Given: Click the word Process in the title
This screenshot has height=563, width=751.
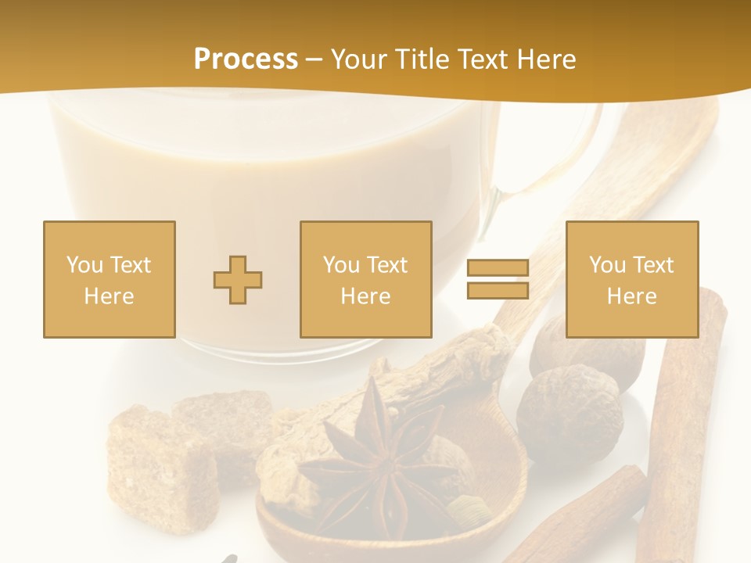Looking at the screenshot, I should (246, 59).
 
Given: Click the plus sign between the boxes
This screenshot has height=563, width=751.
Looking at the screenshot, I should (238, 279).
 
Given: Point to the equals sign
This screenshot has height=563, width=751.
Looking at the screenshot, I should (498, 279).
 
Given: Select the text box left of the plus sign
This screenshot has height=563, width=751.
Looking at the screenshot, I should (110, 279).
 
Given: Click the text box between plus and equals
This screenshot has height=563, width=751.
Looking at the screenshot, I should (365, 279).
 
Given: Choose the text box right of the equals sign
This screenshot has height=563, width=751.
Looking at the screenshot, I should (631, 279).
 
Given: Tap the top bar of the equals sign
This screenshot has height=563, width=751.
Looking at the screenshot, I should (498, 268).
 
